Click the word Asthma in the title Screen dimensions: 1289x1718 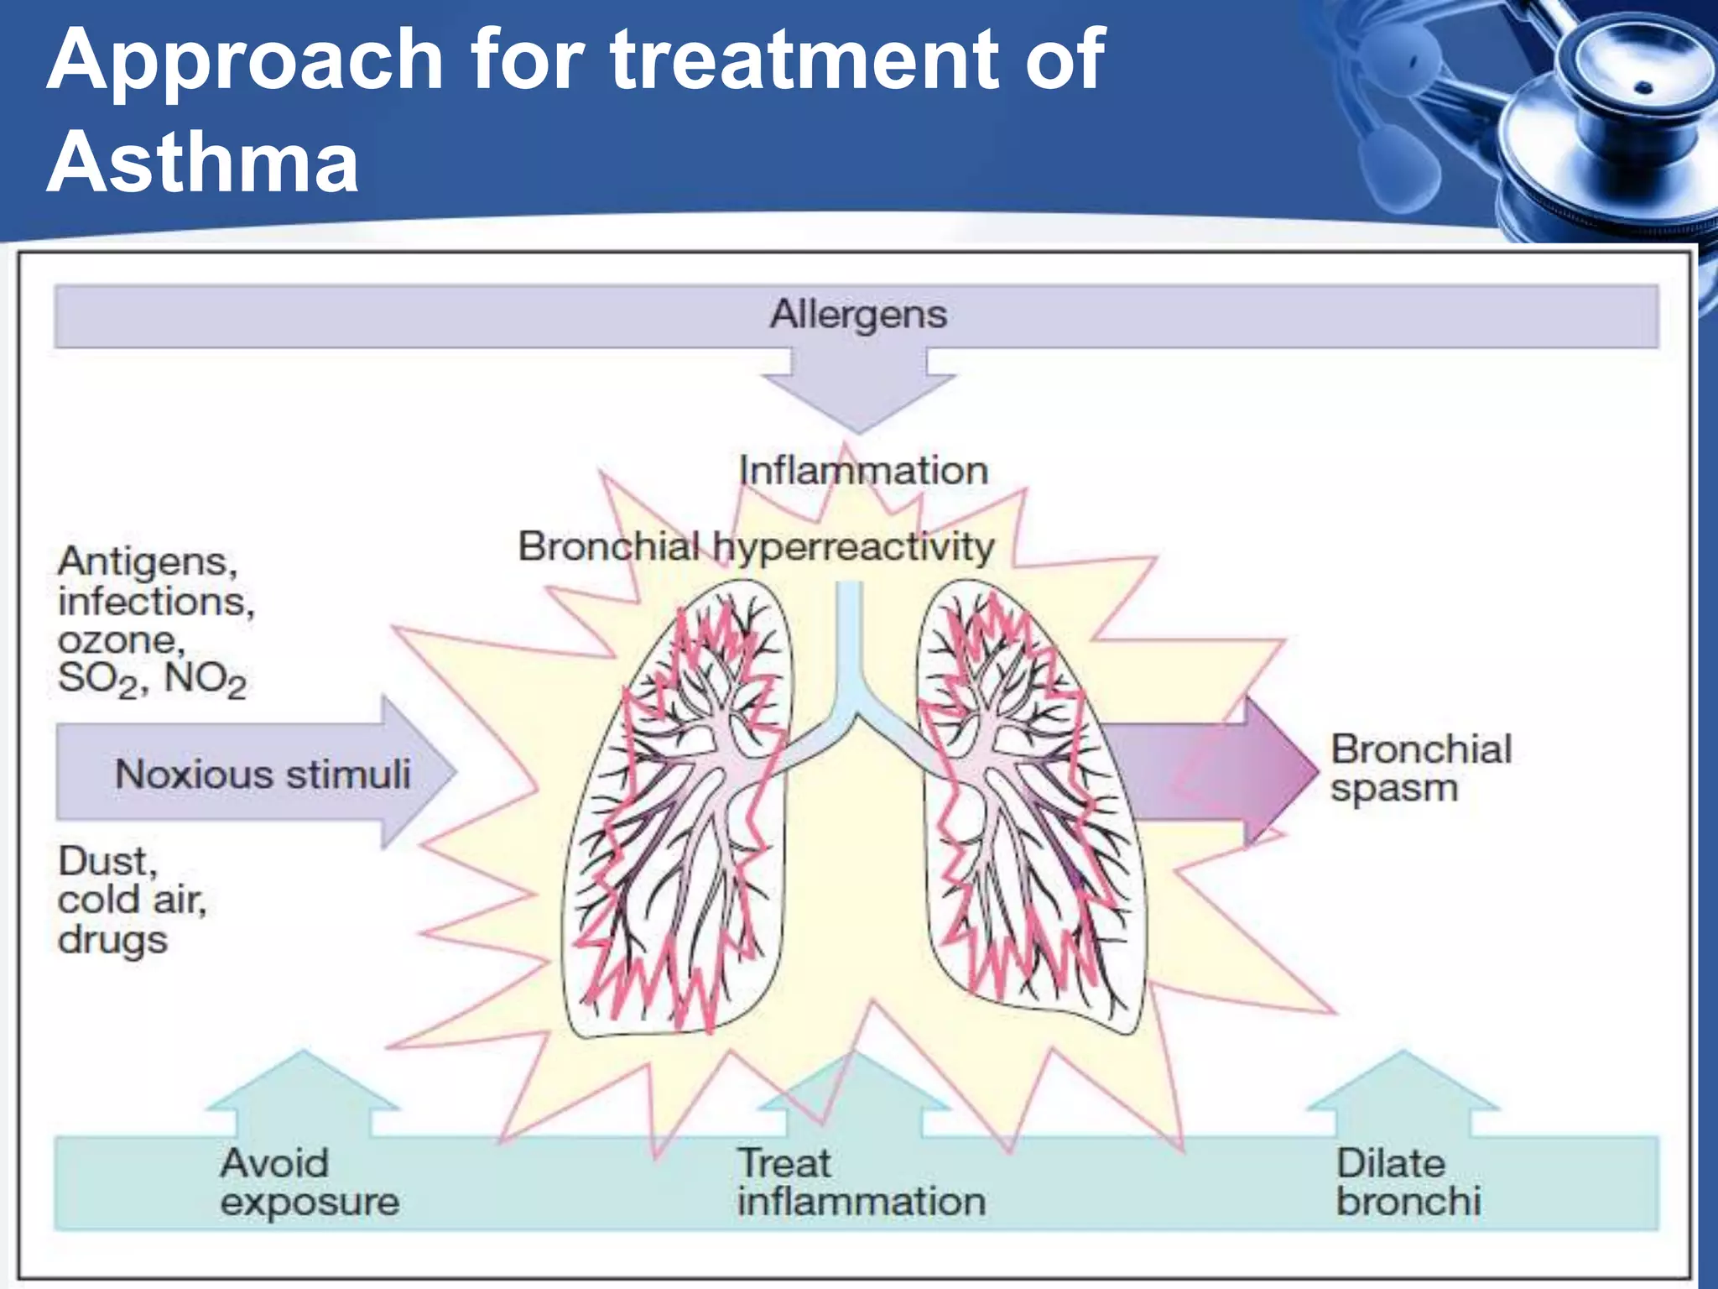tap(202, 162)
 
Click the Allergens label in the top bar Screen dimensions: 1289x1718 tap(858, 315)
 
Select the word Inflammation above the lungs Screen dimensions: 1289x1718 tap(863, 471)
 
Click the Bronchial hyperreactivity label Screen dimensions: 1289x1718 tap(756, 547)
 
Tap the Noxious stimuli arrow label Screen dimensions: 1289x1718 tap(263, 774)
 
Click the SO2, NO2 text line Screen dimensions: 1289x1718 tap(152, 680)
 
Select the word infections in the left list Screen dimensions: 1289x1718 tap(155, 602)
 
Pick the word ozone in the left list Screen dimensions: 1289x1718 tap(120, 641)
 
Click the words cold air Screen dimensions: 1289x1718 tap(132, 900)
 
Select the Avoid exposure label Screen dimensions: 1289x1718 tap(309, 1182)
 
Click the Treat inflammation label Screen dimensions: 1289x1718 tap(861, 1182)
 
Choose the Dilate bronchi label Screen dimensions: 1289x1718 tap(1408, 1182)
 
